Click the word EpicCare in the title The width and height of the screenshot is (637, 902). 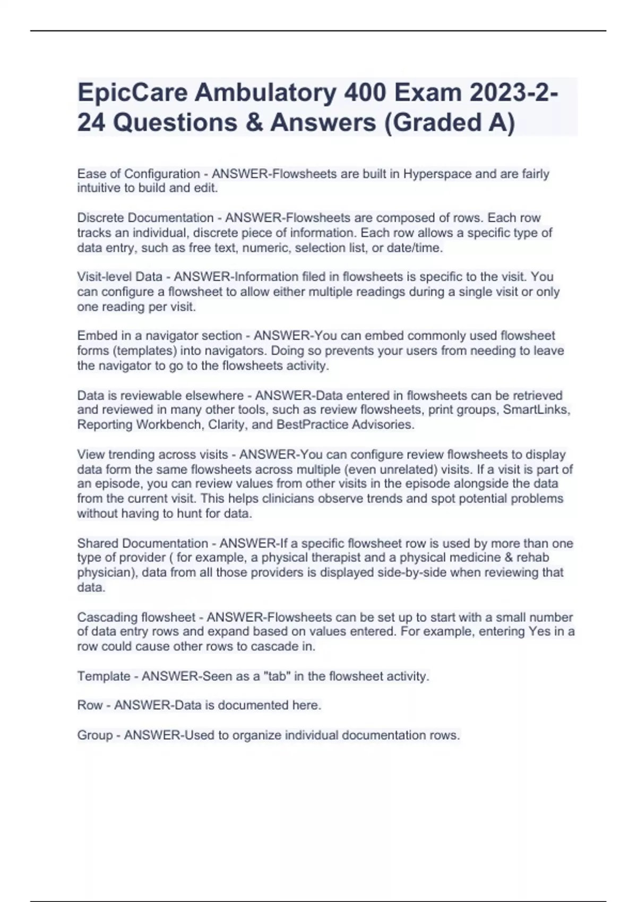pos(132,93)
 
